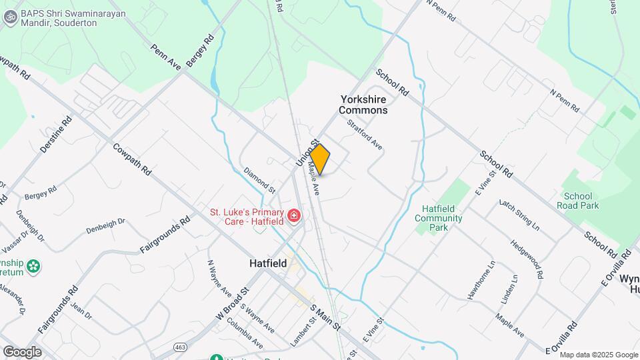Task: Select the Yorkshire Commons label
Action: click(x=363, y=105)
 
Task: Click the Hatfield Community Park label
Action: click(x=438, y=218)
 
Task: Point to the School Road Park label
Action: click(x=581, y=201)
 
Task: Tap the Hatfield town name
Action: click(x=268, y=263)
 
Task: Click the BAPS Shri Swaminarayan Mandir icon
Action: click(x=10, y=17)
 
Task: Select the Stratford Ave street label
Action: click(x=365, y=134)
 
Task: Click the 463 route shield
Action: click(x=181, y=347)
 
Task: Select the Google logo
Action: click(x=22, y=351)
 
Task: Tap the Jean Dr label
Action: click(x=81, y=310)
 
